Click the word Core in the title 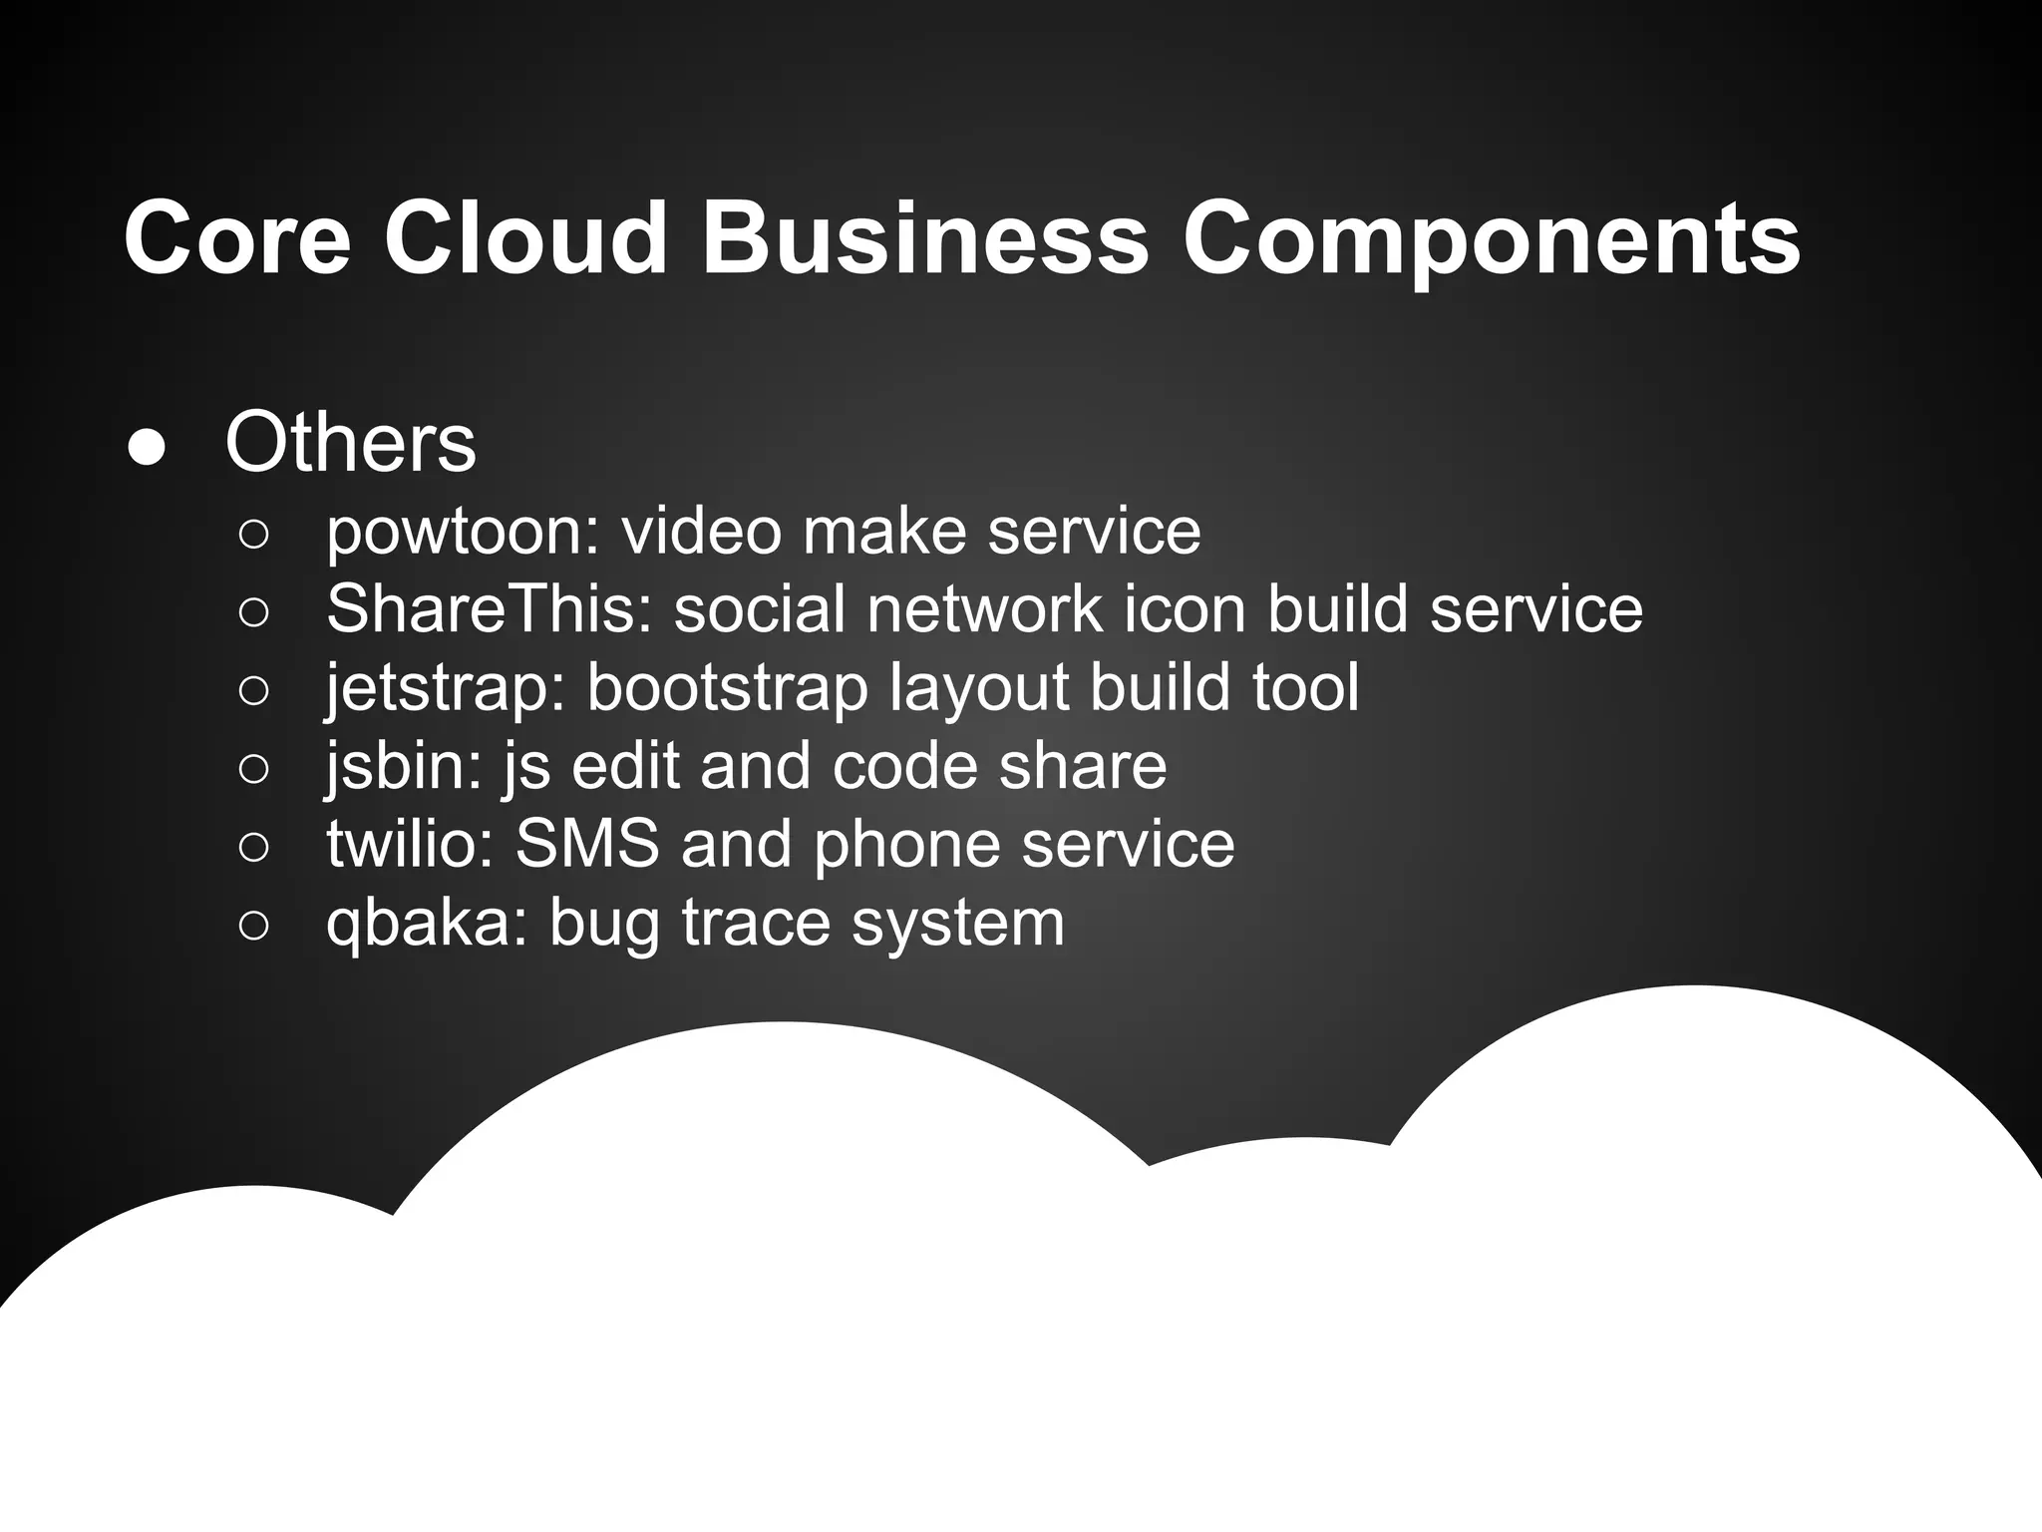point(237,239)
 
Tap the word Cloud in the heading point(525,239)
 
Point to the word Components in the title point(1491,239)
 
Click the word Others point(351,443)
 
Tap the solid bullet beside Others point(148,448)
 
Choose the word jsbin point(404,767)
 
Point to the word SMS point(587,844)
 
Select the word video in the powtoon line point(701,531)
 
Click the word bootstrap point(727,689)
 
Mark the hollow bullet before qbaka point(254,926)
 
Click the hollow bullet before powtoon point(254,535)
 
